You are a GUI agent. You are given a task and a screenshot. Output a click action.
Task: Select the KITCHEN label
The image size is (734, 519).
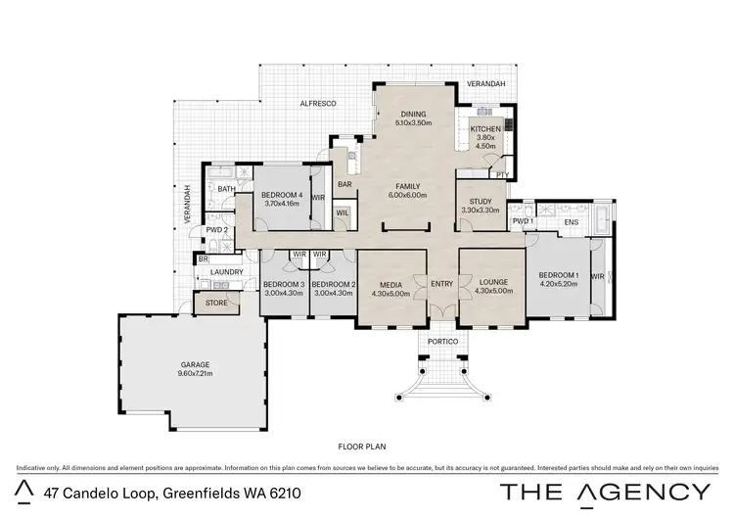tap(485, 129)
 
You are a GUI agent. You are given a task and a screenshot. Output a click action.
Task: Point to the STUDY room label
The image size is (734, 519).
tap(480, 201)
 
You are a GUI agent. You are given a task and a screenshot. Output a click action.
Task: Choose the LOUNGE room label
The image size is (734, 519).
tap(492, 283)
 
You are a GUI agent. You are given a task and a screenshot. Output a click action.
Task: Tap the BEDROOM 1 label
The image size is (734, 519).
tap(559, 275)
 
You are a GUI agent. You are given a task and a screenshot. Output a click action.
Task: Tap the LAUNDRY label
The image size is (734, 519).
tap(226, 273)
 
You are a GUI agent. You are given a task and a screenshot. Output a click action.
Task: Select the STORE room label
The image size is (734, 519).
tap(216, 304)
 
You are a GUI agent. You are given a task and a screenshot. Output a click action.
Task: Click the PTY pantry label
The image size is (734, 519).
tap(502, 175)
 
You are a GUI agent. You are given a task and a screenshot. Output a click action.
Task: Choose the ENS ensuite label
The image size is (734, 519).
tap(572, 222)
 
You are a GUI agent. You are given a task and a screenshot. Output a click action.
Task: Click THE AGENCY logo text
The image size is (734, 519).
tap(605, 493)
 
